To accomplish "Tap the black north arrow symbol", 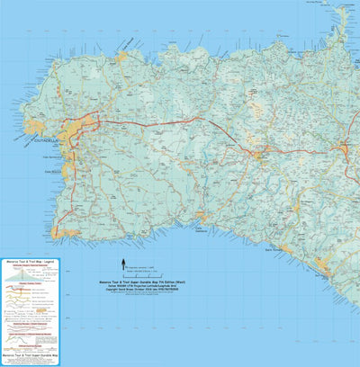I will (x=123, y=263).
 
